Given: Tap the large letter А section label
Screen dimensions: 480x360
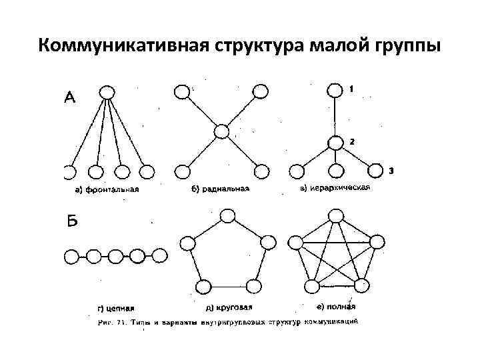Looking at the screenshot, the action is click(69, 98).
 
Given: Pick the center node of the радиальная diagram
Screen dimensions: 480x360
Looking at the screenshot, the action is click(221, 131).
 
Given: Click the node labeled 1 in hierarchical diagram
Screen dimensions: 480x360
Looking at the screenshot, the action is click(333, 91).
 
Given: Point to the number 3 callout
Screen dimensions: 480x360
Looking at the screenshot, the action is click(391, 171).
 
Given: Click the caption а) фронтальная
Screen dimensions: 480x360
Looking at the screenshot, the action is click(107, 189).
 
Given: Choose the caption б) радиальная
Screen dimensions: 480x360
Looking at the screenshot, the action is click(220, 189).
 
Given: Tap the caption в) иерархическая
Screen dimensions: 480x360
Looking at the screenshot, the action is click(335, 188).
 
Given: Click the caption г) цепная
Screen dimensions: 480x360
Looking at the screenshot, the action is click(115, 308).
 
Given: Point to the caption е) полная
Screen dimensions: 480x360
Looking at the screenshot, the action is click(335, 307).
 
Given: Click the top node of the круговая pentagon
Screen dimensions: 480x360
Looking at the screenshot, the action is click(227, 215).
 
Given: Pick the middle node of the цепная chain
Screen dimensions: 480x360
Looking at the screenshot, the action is click(115, 255).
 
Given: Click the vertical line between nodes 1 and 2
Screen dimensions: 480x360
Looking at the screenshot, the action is click(333, 117).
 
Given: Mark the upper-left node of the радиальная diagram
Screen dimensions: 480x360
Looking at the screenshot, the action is click(181, 91).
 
